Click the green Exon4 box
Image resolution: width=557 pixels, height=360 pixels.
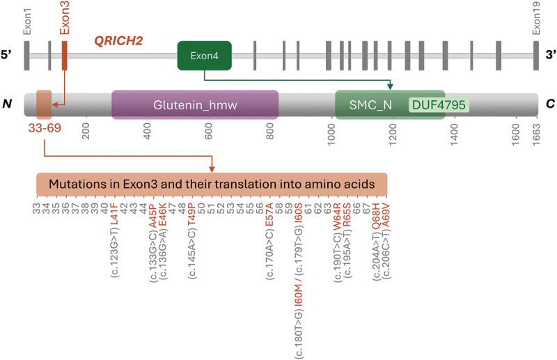tap(204, 54)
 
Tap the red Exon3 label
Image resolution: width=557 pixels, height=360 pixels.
tap(65, 19)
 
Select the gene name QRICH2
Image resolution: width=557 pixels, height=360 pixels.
tap(118, 41)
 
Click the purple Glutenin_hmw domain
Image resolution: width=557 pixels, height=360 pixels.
tap(195, 105)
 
